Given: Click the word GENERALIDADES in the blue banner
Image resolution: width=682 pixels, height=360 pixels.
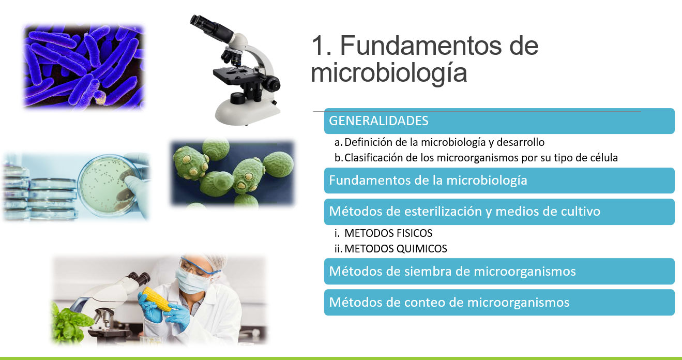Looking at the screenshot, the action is click(378, 121).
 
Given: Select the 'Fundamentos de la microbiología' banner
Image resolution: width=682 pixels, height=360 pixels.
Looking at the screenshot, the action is click(499, 181).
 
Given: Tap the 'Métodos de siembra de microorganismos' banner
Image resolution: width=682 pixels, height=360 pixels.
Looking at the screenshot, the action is click(499, 272).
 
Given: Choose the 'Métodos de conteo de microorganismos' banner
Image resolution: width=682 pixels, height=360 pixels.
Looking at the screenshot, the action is click(499, 303).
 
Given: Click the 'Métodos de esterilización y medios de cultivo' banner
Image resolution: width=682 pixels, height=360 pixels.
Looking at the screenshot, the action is click(499, 212).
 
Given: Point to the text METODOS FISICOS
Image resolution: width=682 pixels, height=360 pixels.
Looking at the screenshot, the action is click(388, 233).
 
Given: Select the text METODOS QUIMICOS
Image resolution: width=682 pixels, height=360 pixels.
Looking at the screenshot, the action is click(396, 249).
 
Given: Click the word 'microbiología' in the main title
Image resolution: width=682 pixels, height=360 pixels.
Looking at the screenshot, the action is click(389, 73).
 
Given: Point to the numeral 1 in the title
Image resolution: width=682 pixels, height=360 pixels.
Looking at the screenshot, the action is click(319, 46).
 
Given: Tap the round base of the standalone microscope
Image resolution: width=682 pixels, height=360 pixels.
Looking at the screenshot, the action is click(246, 112).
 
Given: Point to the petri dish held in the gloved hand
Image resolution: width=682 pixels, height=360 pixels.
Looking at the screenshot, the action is click(109, 185).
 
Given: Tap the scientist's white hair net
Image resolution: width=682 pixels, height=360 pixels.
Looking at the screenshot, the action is click(209, 262).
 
